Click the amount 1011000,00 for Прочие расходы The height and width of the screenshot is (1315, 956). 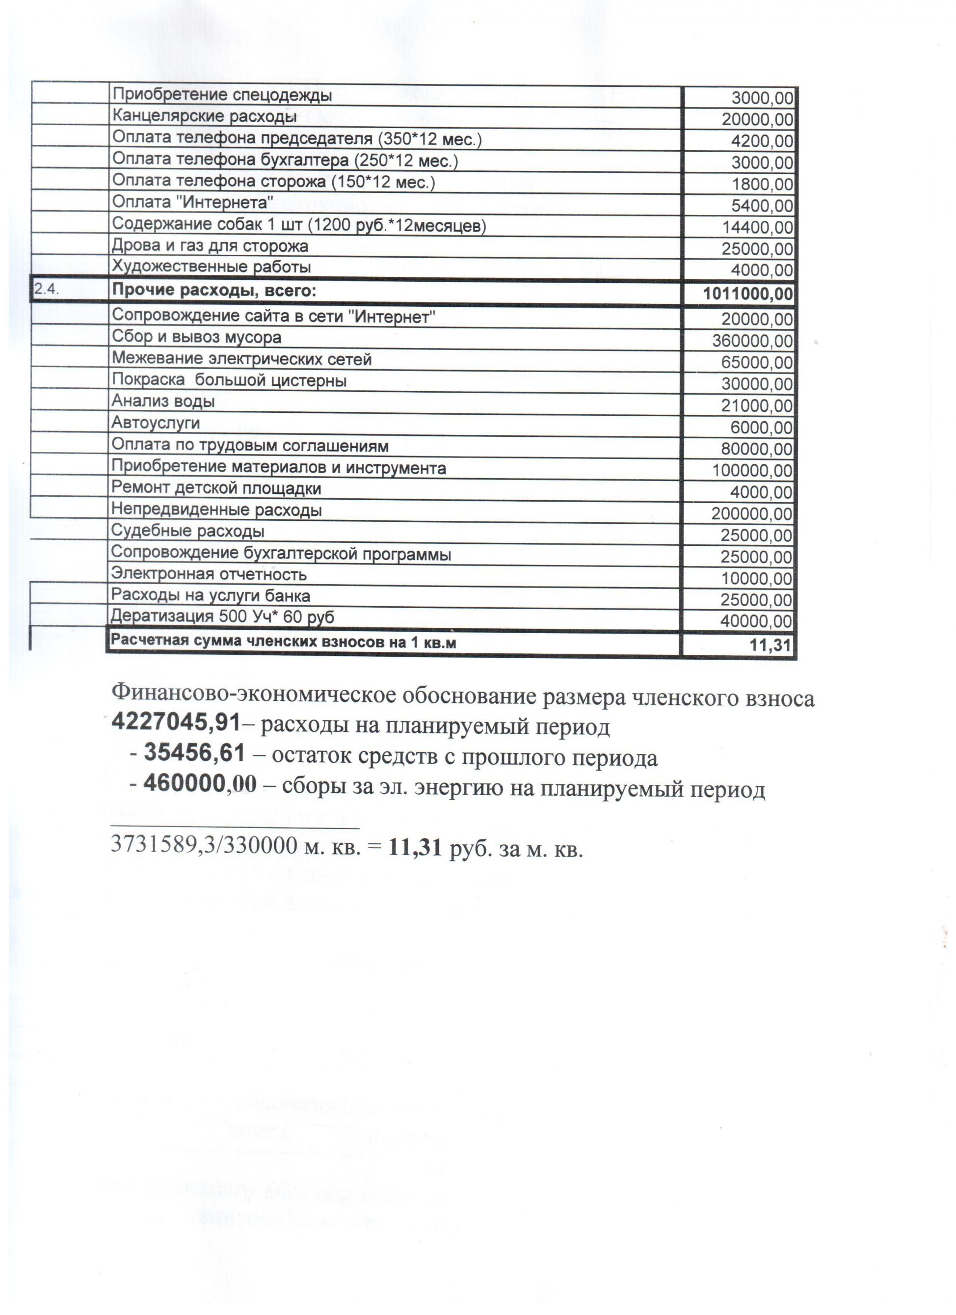747,294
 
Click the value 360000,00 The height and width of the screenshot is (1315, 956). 752,341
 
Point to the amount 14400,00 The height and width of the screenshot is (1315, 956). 757,227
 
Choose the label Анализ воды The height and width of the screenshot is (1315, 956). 163,401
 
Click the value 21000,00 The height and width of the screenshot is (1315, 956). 757,406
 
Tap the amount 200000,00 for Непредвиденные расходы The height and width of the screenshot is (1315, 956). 752,514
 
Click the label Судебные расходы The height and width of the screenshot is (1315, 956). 188,531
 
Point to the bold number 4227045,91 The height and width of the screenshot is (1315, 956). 176,723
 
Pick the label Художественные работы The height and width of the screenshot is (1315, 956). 211,268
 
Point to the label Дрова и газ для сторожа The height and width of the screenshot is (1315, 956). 210,246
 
